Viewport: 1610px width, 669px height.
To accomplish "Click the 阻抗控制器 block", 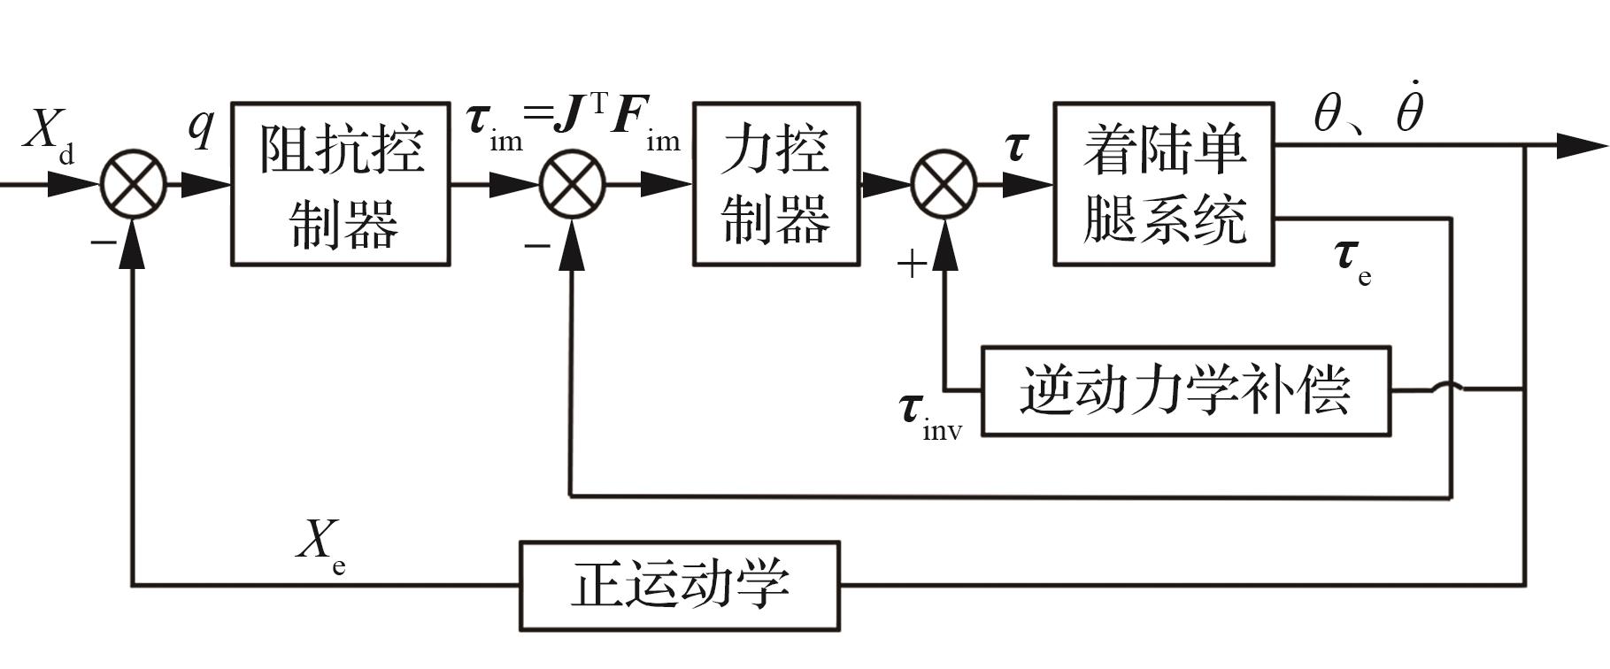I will click(341, 184).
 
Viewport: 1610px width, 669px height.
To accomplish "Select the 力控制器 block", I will click(776, 184).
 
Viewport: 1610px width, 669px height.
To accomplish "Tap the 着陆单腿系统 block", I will click(1163, 184).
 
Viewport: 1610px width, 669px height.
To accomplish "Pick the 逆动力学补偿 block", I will click(1186, 390).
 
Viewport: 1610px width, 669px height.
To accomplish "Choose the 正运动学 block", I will click(679, 585).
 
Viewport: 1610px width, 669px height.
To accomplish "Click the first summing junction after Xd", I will click(134, 184).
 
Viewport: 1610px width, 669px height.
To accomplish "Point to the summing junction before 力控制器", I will click(573, 184).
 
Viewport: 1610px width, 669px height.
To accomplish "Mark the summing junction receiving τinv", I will click(944, 184).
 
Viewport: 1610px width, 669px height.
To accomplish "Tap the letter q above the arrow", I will click(202, 127).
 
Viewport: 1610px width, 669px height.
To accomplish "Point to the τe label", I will click(1352, 258).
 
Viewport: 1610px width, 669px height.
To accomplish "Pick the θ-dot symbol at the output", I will click(1409, 111).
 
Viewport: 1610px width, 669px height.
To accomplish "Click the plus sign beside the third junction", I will click(912, 263).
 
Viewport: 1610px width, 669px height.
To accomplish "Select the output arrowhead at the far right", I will click(1580, 146).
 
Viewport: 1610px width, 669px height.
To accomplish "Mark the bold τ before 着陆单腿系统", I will click(1017, 146).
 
